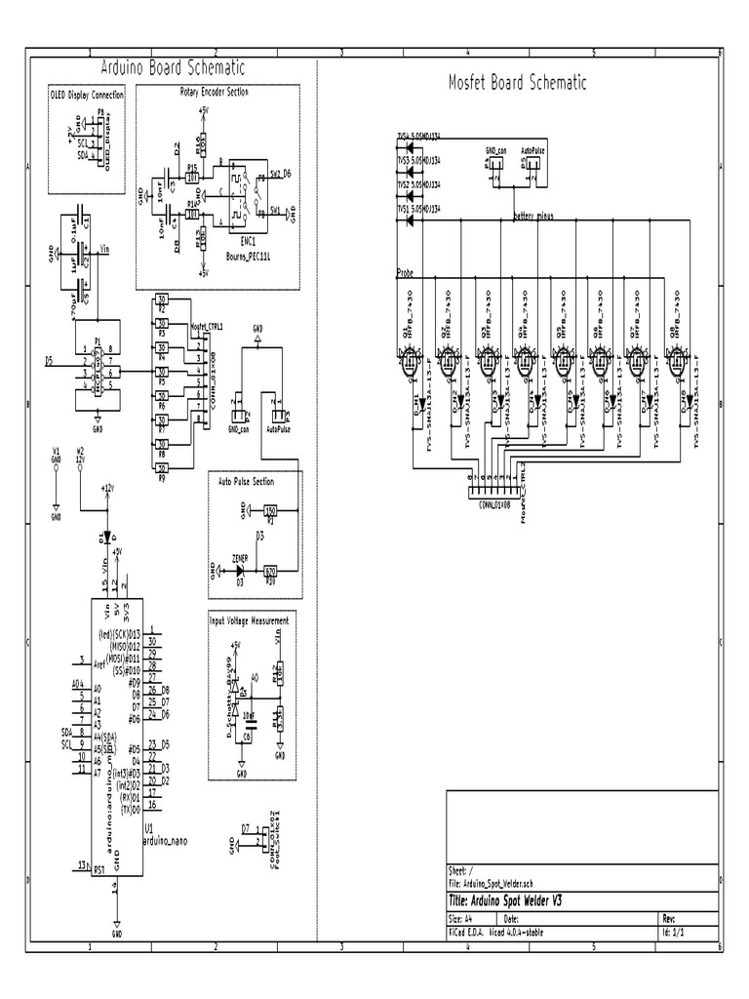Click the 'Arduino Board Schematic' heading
coord(173,68)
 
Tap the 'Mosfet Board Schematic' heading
coord(517,83)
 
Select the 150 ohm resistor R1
coord(271,510)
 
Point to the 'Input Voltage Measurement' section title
coord(249,620)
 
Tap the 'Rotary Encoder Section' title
coord(214,92)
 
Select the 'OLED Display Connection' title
coord(87,96)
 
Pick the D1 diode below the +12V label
coord(105,538)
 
